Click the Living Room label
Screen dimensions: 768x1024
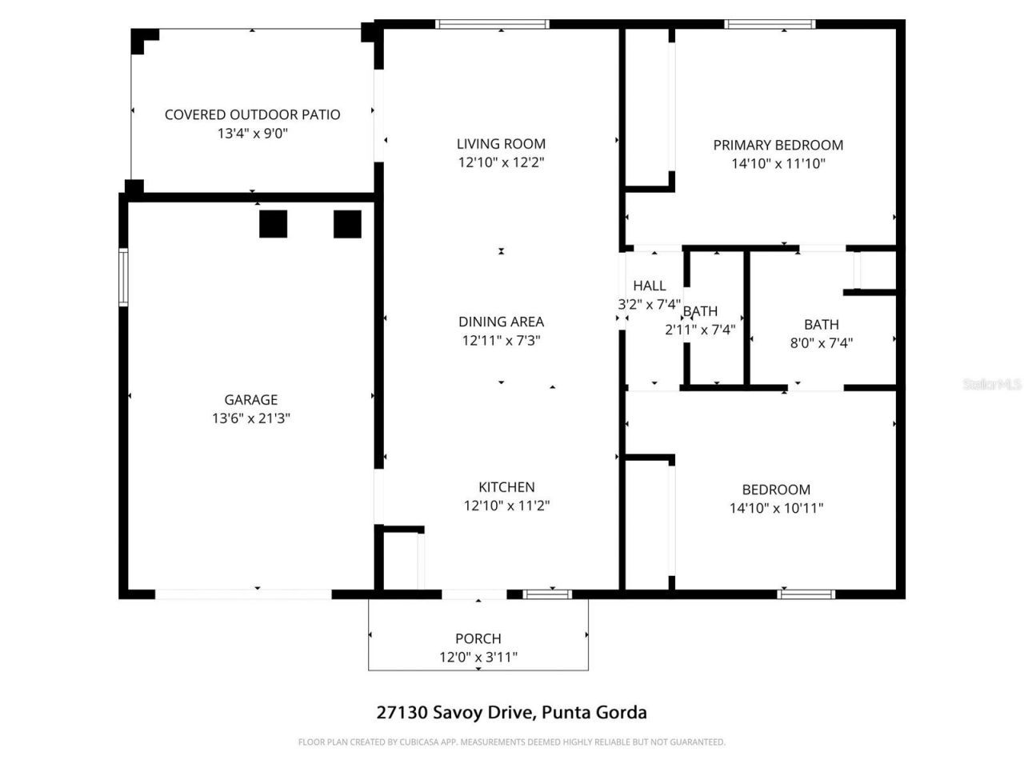[501, 144]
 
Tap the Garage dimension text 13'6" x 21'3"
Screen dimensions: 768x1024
[250, 418]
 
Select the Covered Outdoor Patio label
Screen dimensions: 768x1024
[252, 114]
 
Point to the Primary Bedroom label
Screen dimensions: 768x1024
[778, 145]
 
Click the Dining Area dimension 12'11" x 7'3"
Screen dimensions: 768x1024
[501, 341]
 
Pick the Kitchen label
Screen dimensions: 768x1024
[506, 486]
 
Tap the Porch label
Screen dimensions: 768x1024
[478, 638]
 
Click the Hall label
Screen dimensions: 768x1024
[649, 286]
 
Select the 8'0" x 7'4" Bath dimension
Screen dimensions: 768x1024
[821, 343]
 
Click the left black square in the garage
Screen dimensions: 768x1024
[273, 224]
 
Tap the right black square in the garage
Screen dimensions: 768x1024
[347, 224]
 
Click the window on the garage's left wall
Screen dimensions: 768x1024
[123, 277]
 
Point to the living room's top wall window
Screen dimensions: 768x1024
[492, 24]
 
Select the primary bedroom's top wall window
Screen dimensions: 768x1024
[770, 24]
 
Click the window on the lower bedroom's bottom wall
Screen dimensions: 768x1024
[806, 594]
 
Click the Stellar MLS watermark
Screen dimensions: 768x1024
[992, 385]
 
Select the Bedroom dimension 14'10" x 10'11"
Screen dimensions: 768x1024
[776, 508]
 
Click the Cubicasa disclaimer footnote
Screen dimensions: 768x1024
[511, 742]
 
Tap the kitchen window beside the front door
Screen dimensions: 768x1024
[548, 594]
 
